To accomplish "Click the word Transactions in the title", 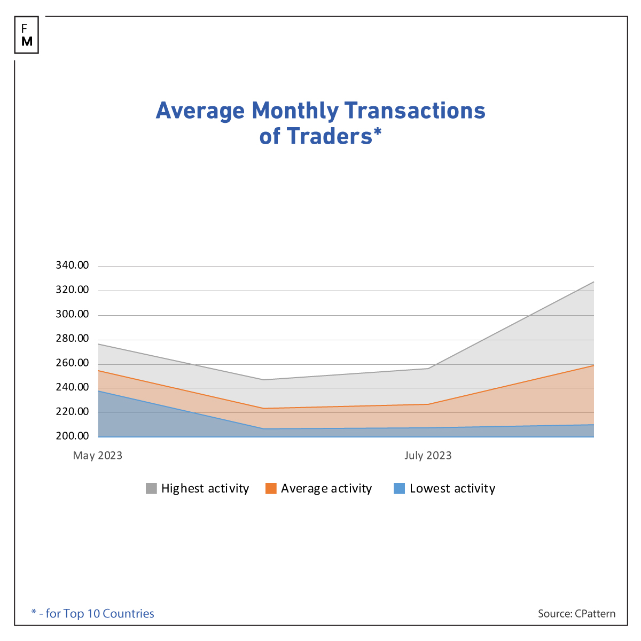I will (415, 111).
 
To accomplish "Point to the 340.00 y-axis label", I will (72, 265).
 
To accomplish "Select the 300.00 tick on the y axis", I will (72, 314).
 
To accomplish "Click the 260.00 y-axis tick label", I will (72, 363).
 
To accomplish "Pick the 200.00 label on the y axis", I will (72, 436).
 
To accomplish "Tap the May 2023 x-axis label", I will (98, 456).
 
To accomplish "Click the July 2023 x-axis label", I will (428, 456).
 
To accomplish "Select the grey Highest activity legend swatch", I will (152, 488).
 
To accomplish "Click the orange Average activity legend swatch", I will (271, 488).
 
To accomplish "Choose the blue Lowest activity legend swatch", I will (399, 488).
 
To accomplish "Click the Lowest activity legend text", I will (452, 488).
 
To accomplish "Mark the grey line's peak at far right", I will (593, 282).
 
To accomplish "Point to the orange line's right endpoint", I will (593, 365).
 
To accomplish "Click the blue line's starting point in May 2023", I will (99, 391).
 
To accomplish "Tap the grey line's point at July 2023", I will (428, 369).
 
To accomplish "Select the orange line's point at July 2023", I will (428, 404).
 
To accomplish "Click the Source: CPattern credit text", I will (576, 614).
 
